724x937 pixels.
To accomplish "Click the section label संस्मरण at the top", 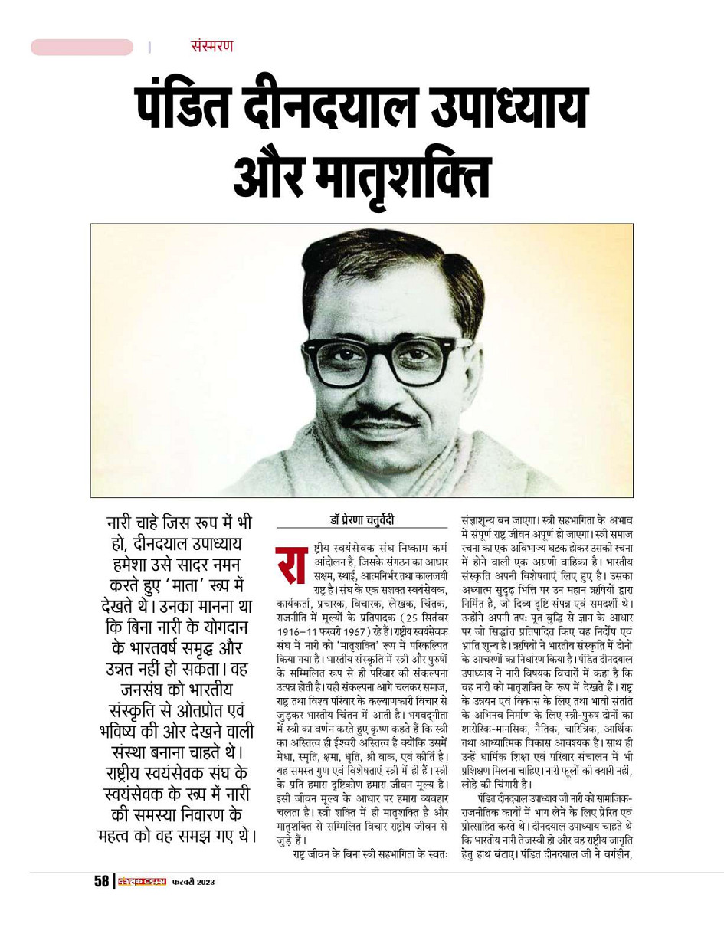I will pos(211,46).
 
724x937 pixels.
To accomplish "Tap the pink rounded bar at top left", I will pos(82,47).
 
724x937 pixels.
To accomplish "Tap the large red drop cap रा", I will pos(291,559).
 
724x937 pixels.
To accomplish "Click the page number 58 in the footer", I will pos(101,881).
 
